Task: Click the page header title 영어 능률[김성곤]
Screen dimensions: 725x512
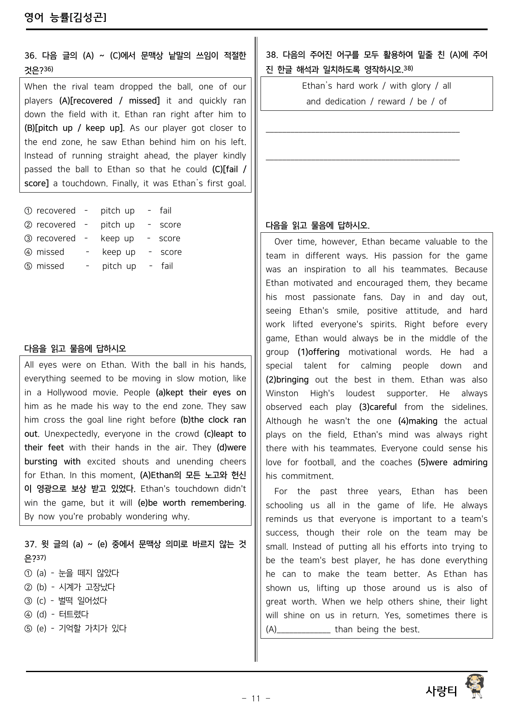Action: (65, 17)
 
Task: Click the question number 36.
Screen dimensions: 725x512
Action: (30, 55)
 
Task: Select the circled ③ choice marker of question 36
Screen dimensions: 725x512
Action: (28, 238)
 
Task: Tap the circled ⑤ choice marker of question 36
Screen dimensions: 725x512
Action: (28, 266)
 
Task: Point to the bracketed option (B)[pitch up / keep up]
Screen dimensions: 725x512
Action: (74, 128)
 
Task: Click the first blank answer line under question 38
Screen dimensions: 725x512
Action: (363, 132)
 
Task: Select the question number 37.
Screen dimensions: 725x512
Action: (30, 544)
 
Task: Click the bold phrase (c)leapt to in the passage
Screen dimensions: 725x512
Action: (225, 434)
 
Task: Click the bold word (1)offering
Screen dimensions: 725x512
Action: (318, 352)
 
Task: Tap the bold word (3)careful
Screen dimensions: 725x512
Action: (378, 407)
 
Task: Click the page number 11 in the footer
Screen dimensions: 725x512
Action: (256, 699)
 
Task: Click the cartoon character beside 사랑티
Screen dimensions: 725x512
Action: (474, 687)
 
